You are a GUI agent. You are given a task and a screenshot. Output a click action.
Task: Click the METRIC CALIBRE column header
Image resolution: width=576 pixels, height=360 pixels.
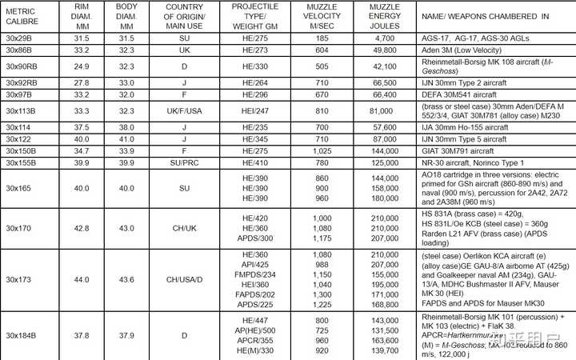tap(22, 16)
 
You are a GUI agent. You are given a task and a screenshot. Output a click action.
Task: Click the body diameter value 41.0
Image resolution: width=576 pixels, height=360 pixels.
tap(127, 138)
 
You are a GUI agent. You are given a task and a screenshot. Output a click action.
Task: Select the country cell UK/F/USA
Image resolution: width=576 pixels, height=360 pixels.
tap(186, 112)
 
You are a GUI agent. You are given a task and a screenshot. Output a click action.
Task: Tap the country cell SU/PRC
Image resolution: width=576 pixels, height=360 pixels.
tap(186, 162)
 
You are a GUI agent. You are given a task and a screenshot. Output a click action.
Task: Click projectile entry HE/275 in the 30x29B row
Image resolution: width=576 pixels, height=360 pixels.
tap(254, 38)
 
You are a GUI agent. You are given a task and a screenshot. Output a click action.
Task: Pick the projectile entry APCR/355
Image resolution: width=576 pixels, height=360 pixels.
tap(254, 339)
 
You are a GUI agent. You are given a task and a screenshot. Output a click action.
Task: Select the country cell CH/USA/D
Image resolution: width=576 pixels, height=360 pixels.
tap(186, 280)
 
